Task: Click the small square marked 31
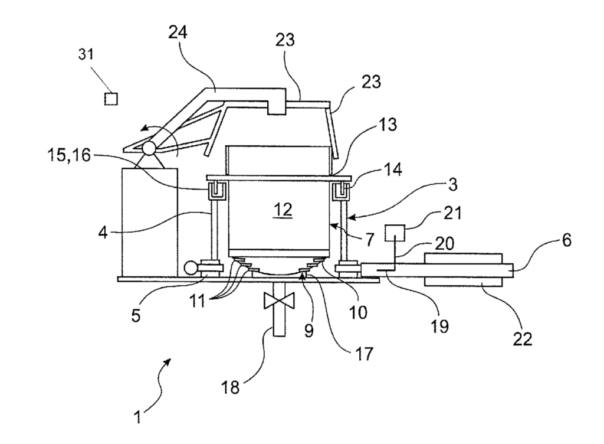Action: (111, 99)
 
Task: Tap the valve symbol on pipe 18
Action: (279, 301)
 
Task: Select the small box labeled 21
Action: (395, 233)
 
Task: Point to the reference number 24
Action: (178, 32)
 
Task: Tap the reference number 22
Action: (522, 339)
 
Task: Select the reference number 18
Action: (230, 387)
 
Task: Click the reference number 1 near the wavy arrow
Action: (137, 417)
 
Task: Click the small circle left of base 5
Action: (191, 267)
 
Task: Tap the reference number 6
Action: (567, 240)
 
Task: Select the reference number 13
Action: (387, 125)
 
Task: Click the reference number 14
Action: (393, 169)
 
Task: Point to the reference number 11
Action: (198, 301)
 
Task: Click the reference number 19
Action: (439, 326)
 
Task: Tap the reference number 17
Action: (363, 354)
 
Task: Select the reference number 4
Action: (103, 233)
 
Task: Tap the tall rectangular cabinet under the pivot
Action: (150, 222)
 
